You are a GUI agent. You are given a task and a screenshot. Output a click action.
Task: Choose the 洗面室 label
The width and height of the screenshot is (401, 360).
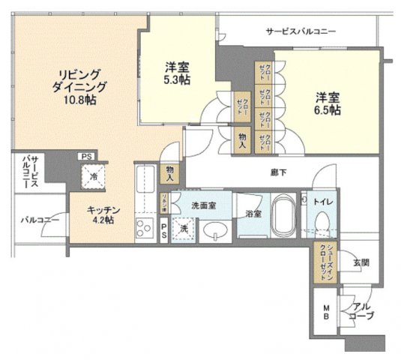pos(203,205)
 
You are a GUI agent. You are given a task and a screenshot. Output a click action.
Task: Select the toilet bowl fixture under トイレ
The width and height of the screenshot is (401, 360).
pos(322,224)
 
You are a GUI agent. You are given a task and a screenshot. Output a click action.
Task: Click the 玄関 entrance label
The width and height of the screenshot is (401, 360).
pos(363,263)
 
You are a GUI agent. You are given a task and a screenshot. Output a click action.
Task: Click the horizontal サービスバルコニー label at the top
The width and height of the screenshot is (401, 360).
pos(300,31)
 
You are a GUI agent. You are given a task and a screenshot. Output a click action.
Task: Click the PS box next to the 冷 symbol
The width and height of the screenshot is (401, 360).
pos(87,156)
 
